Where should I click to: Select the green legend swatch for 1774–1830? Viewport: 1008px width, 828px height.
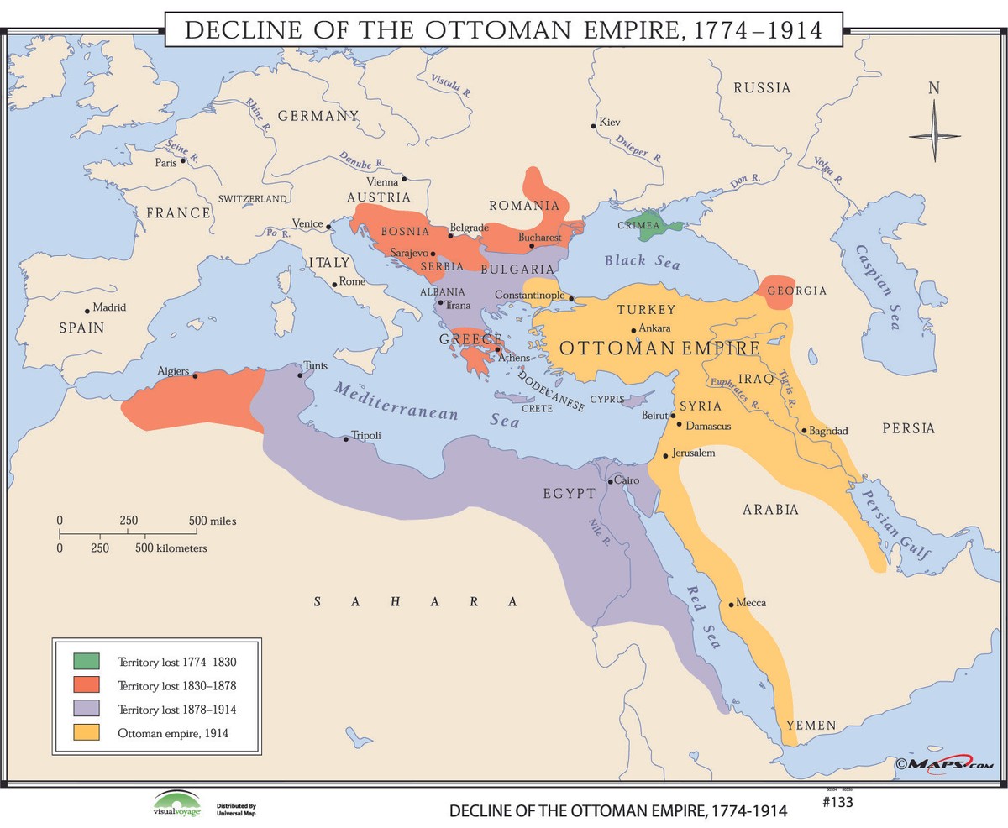[x=86, y=662]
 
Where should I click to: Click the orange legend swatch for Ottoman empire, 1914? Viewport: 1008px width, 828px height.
[x=86, y=732]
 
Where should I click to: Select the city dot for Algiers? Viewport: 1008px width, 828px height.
[x=195, y=375]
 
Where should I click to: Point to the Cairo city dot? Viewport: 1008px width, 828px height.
[x=611, y=481]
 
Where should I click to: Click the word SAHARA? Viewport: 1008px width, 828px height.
[x=416, y=601]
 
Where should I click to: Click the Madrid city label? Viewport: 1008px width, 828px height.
[x=109, y=307]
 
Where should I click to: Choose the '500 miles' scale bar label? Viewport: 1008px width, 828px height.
[x=213, y=521]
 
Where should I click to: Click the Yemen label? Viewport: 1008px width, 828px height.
[x=811, y=725]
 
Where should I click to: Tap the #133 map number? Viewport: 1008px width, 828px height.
[x=837, y=801]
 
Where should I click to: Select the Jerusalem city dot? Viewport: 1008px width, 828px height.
[x=665, y=456]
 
